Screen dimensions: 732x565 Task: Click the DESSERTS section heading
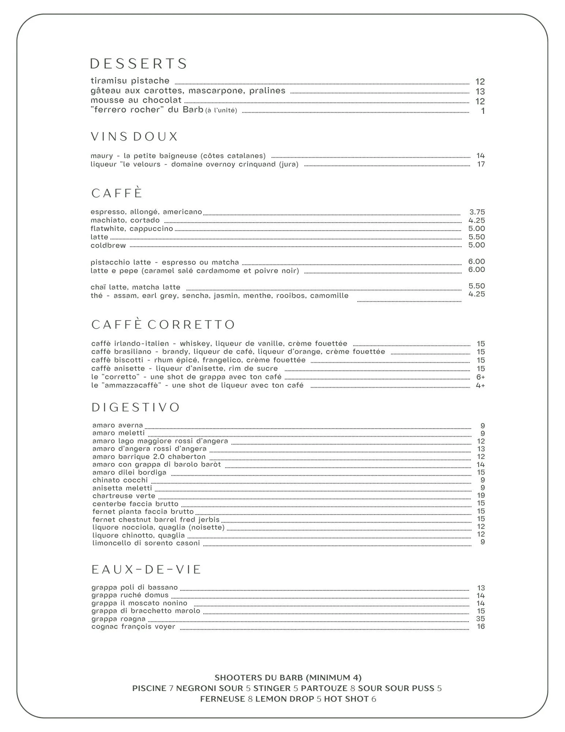click(x=139, y=64)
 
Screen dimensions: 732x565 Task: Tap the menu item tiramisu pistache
click(x=130, y=81)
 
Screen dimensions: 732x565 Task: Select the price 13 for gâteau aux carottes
click(x=480, y=91)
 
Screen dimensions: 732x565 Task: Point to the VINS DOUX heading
click(x=134, y=137)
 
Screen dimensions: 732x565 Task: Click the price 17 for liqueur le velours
click(x=481, y=164)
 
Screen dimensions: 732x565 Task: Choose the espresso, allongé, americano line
click(x=146, y=212)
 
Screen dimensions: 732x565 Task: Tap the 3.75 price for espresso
click(x=477, y=212)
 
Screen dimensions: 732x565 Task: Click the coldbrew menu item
click(x=108, y=246)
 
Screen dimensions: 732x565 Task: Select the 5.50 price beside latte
click(x=477, y=237)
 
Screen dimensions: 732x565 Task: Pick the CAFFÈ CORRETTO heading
click(x=163, y=325)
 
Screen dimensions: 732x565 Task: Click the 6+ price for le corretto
click(x=481, y=377)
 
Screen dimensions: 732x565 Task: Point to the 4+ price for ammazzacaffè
click(x=480, y=386)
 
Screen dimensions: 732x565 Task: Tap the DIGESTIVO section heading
click(x=136, y=408)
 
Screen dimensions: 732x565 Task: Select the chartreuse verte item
click(x=124, y=496)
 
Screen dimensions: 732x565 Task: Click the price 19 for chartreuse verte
click(x=481, y=496)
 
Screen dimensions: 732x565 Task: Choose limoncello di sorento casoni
click(x=146, y=543)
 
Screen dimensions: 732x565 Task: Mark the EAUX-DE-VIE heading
click(x=146, y=569)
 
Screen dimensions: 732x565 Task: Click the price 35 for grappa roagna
click(x=481, y=619)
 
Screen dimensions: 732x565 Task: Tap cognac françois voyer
click(x=133, y=627)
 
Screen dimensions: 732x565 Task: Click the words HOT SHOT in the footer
click(x=346, y=699)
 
